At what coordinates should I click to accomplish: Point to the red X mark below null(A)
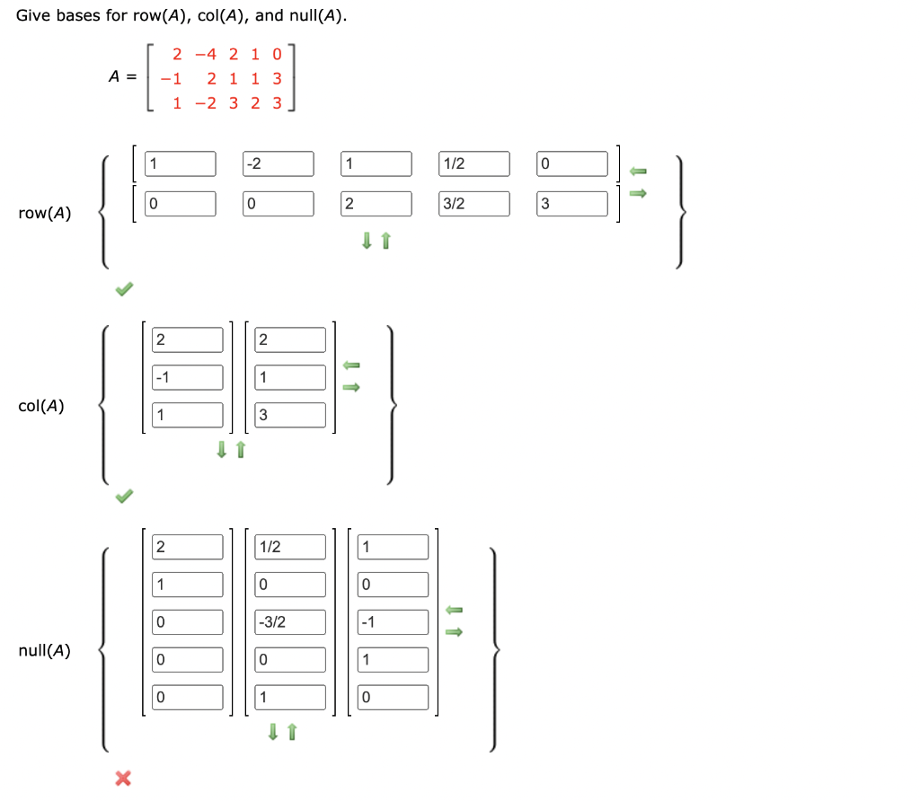pos(123,779)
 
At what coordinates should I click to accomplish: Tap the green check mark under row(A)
pos(124,289)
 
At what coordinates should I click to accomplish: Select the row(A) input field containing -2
pos(279,164)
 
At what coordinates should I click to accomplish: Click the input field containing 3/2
pos(474,204)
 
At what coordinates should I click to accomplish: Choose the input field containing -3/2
pos(289,622)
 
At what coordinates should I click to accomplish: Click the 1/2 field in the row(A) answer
pos(474,164)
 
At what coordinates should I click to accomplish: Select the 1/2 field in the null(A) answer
pos(289,547)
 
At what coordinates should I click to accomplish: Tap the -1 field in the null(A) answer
pos(393,622)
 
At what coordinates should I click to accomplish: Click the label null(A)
pos(45,650)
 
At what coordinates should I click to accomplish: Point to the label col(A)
pos(41,406)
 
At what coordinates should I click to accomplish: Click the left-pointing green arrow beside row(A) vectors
pos(638,171)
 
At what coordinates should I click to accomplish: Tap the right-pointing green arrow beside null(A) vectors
pos(455,632)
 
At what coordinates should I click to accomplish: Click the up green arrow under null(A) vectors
pos(291,733)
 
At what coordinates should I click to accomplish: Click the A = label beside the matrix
pos(122,77)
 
